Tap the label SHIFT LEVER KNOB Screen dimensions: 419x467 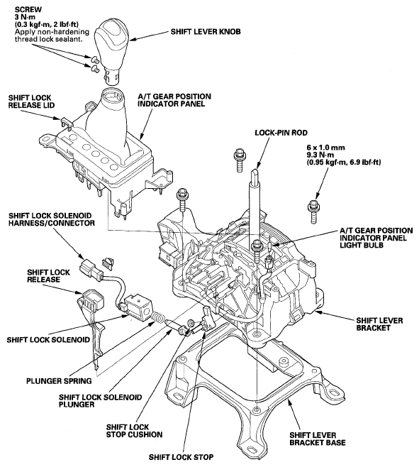pos(206,31)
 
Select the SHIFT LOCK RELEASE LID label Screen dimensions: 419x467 pos(31,101)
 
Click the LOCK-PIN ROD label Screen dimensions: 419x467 pos(281,133)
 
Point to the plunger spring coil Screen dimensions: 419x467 pos(157,318)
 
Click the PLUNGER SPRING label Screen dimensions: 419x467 pos(59,381)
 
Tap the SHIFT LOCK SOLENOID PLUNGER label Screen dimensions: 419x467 pos(100,401)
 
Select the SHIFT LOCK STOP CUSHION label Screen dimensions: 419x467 pos(134,431)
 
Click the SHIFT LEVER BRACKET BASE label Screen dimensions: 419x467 pos(318,439)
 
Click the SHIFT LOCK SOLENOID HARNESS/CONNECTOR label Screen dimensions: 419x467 pos(52,219)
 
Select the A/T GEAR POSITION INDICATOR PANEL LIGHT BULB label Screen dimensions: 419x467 pos(376,238)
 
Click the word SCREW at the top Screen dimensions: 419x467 pos(28,10)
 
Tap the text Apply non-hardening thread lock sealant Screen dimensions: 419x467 pos(52,35)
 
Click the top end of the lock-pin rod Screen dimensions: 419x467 pos(255,170)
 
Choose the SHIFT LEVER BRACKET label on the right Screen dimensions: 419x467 pos(379,324)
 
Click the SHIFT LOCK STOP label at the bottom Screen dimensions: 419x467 pos(181,457)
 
